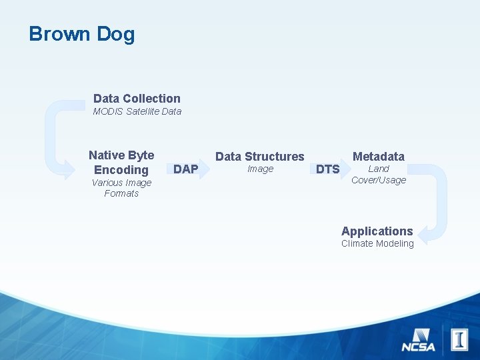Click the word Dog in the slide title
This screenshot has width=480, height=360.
click(x=116, y=35)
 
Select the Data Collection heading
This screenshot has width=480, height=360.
click(x=137, y=99)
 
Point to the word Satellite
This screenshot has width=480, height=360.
click(x=142, y=111)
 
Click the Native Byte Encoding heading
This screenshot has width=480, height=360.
click(x=121, y=162)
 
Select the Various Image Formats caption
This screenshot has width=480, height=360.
click(x=121, y=188)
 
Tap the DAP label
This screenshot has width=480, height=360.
click(x=185, y=169)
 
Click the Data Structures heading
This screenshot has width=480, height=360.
click(x=259, y=157)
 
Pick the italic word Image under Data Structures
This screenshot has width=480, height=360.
click(x=260, y=169)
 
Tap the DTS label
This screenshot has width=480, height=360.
click(x=327, y=169)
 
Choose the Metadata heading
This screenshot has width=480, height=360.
click(x=378, y=157)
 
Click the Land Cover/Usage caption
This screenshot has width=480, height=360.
click(x=378, y=175)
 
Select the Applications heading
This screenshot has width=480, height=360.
click(x=377, y=231)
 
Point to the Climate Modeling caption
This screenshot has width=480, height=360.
click(x=377, y=244)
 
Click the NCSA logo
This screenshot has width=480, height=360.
click(x=418, y=339)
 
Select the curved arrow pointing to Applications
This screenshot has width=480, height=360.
click(x=435, y=200)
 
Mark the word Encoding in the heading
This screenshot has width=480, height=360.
click(x=121, y=170)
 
